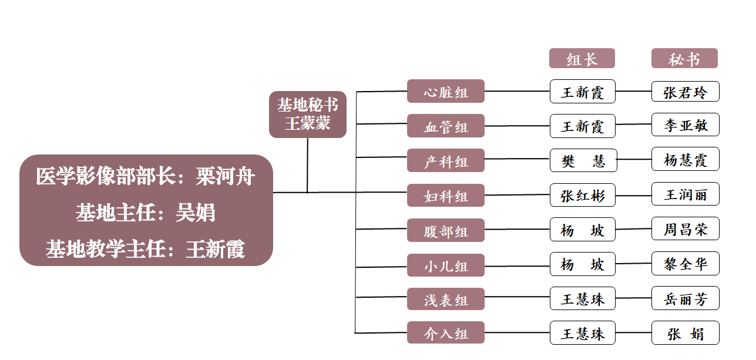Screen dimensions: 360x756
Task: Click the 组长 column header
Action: click(x=582, y=59)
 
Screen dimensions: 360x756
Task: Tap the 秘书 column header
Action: click(x=684, y=59)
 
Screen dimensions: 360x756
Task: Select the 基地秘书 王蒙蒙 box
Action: click(x=308, y=115)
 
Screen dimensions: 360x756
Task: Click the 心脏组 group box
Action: click(x=446, y=92)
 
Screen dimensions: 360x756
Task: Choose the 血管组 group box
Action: click(x=446, y=126)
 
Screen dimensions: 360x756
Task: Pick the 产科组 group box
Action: click(x=446, y=161)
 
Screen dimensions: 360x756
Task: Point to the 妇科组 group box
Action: click(x=446, y=196)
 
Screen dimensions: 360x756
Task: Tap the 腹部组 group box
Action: click(x=446, y=231)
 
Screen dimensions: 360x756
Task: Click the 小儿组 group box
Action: click(x=446, y=265)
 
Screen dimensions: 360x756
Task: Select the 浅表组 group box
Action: click(x=446, y=300)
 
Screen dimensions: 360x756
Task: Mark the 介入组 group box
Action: click(x=446, y=333)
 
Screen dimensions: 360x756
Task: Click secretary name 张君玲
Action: click(x=685, y=92)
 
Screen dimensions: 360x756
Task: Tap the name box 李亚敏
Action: click(x=685, y=126)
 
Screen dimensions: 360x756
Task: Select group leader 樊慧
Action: click(x=583, y=160)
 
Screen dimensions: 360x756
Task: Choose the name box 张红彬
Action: click(x=583, y=195)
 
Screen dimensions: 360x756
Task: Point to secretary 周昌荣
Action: click(x=685, y=229)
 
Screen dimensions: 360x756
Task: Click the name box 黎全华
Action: click(x=685, y=264)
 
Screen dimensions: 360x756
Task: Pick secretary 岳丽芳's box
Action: click(x=685, y=299)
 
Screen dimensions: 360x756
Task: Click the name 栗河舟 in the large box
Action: click(x=226, y=176)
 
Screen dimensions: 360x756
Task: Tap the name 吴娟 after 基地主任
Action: click(x=196, y=213)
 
